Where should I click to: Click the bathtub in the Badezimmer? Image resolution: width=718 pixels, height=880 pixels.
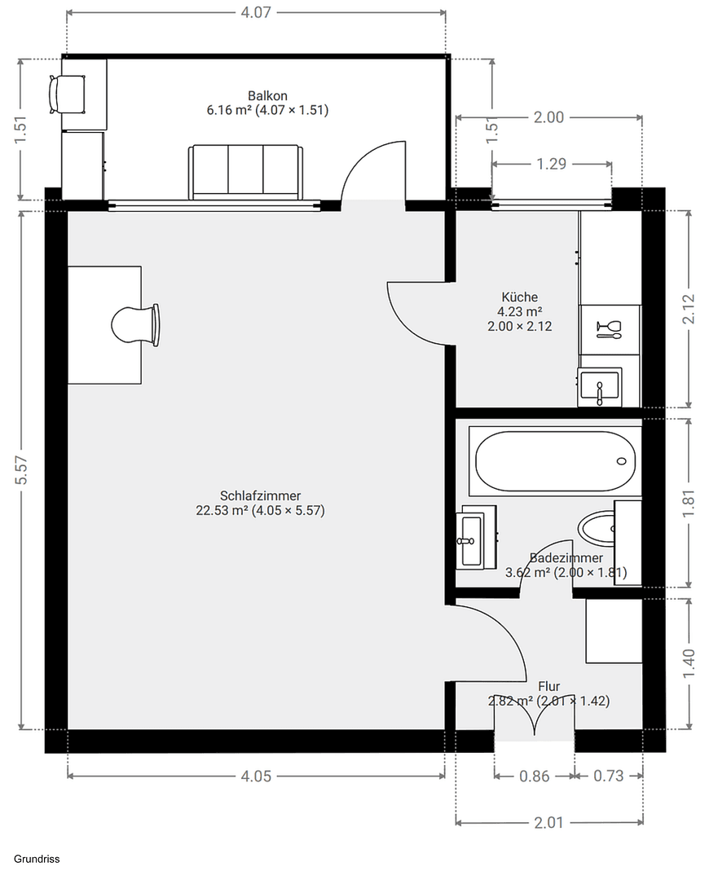coord(553,461)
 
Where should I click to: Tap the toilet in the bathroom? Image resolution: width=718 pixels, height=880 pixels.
coord(600,528)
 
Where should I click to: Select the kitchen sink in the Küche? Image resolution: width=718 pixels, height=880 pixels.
coord(600,386)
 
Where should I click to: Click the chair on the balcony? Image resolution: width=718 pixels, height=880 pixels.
coord(67,94)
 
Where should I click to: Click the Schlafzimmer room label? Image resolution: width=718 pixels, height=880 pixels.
coord(260,495)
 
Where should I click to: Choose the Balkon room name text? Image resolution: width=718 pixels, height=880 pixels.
coord(267,95)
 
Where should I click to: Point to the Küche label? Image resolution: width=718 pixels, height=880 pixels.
coord(519,297)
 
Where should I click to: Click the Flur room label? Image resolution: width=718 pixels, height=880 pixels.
coord(548,687)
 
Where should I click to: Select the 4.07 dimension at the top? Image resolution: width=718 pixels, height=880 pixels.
coord(255,12)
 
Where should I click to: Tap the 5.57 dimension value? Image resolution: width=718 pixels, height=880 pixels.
coord(22,470)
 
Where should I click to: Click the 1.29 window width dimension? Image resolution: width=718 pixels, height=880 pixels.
coord(551,164)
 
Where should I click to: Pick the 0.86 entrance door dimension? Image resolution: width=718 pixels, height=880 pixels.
coord(535,776)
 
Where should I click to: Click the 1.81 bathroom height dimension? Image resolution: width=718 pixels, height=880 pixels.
coord(689,503)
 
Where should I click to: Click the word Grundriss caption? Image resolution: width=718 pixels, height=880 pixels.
coord(37,858)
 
